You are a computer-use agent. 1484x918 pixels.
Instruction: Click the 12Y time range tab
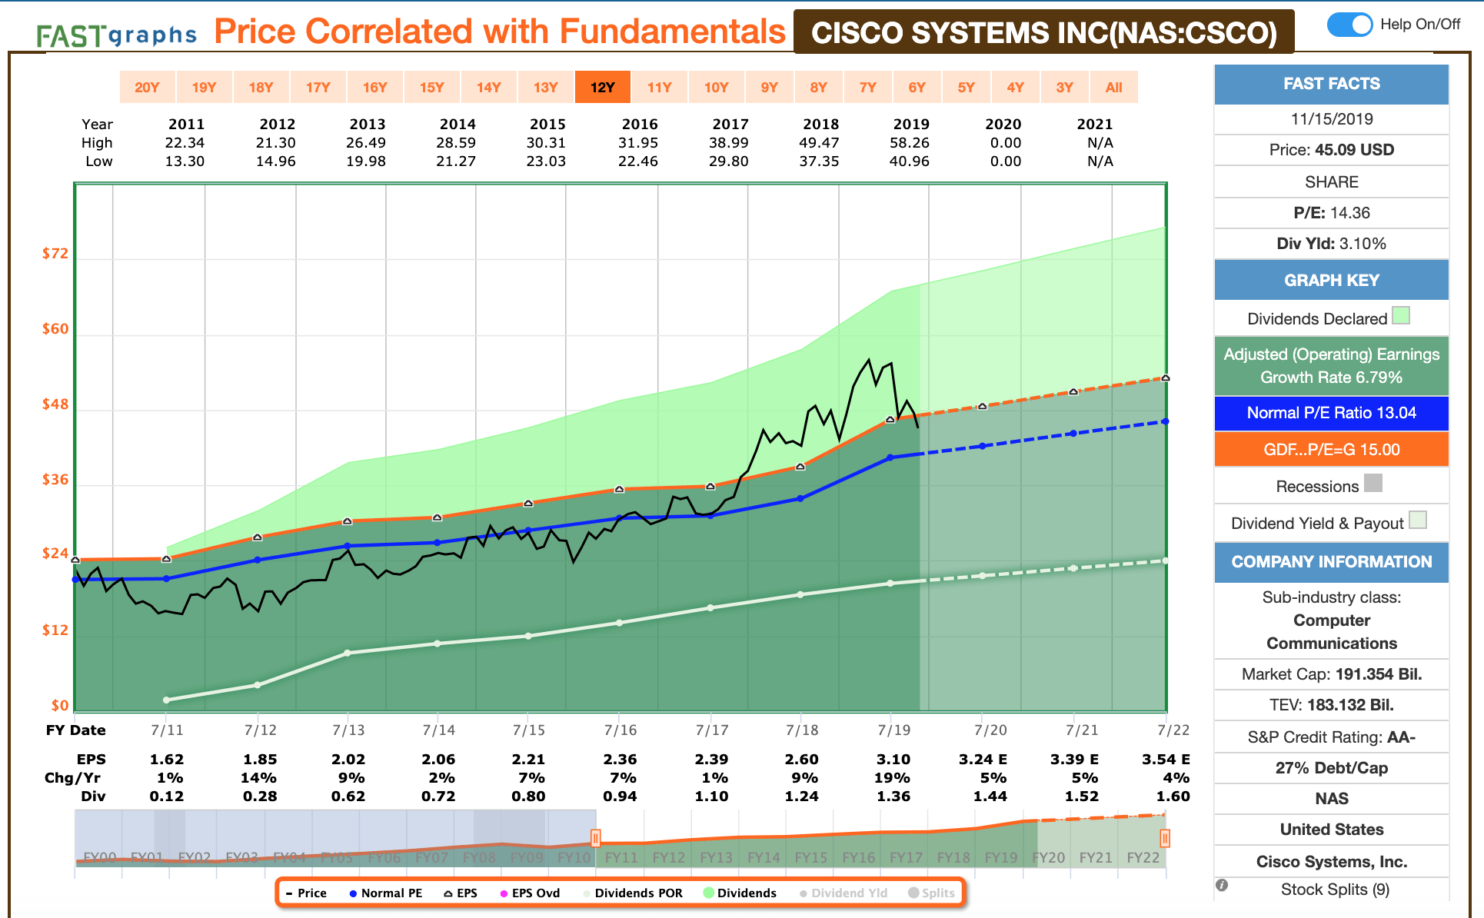pyautogui.click(x=602, y=87)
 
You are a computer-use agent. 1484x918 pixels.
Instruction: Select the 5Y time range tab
pyautogui.click(x=966, y=87)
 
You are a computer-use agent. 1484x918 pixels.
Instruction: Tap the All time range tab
pyautogui.click(x=1113, y=87)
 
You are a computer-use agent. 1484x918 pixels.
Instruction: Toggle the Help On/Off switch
pyautogui.click(x=1349, y=25)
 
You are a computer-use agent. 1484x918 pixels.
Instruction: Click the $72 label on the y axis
pyautogui.click(x=55, y=254)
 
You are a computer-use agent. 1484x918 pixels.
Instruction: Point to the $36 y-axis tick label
pyautogui.click(x=55, y=480)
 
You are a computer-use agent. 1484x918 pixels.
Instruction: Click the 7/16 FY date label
pyautogui.click(x=620, y=730)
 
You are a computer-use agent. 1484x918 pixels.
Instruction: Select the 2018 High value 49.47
pyautogui.click(x=820, y=143)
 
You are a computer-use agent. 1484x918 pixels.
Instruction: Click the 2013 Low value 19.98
pyautogui.click(x=366, y=161)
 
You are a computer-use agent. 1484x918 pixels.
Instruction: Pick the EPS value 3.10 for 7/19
pyautogui.click(x=893, y=760)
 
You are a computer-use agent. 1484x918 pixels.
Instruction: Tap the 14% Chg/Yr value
pyautogui.click(x=258, y=778)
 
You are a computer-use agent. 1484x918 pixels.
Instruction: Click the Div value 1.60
pyautogui.click(x=1173, y=797)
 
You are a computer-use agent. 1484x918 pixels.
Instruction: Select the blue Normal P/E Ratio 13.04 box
pyautogui.click(x=1331, y=413)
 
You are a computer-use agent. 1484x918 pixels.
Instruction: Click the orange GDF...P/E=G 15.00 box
pyautogui.click(x=1331, y=450)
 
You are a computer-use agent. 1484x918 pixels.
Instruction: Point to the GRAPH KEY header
pyautogui.click(x=1331, y=281)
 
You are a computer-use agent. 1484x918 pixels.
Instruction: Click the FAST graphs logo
pyautogui.click(x=116, y=35)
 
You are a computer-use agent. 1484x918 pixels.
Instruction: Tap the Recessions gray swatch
pyautogui.click(x=1373, y=483)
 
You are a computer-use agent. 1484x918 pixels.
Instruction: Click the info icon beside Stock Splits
pyautogui.click(x=1222, y=886)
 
